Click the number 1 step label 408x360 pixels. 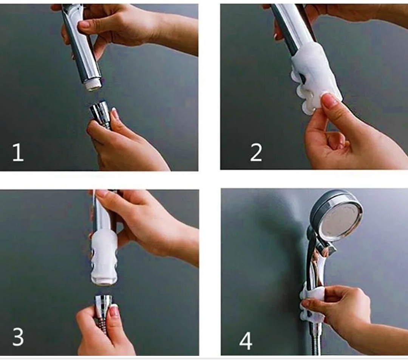(18, 152)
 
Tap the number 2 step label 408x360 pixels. (256, 153)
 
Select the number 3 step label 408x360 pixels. (18, 337)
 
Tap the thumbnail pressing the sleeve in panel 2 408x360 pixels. (330, 100)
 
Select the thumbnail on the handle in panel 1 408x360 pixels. (84, 25)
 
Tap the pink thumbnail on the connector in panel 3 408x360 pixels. (114, 311)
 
